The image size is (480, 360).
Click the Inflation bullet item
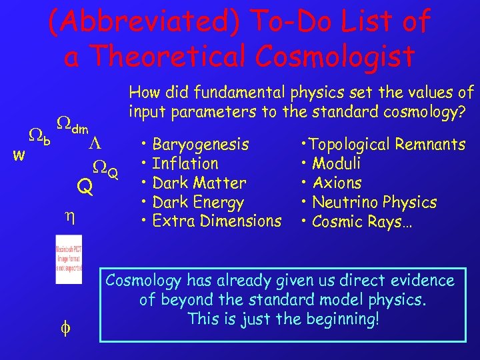185,163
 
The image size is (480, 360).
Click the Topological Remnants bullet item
383,144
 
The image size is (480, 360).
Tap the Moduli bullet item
336,163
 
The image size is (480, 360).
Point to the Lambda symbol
95,144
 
